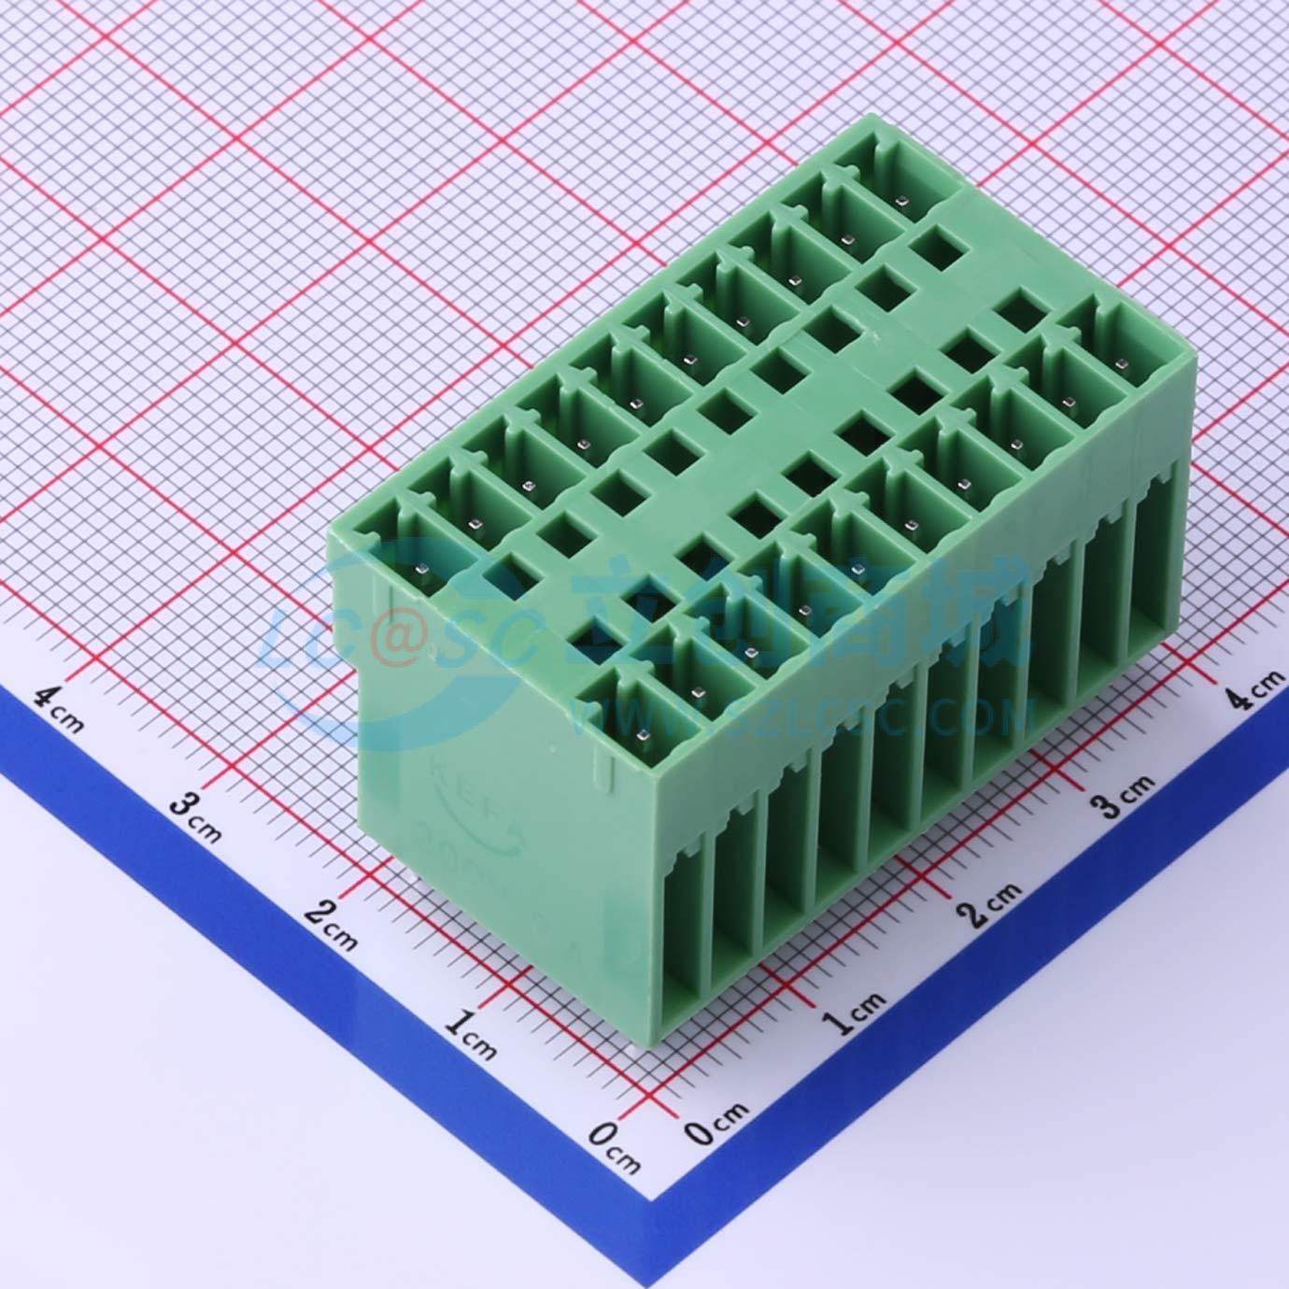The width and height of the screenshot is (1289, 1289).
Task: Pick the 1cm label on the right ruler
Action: tap(855, 1013)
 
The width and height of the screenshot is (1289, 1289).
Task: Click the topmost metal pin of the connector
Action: tap(901, 200)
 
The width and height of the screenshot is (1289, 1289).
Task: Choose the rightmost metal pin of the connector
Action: tap(1121, 363)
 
